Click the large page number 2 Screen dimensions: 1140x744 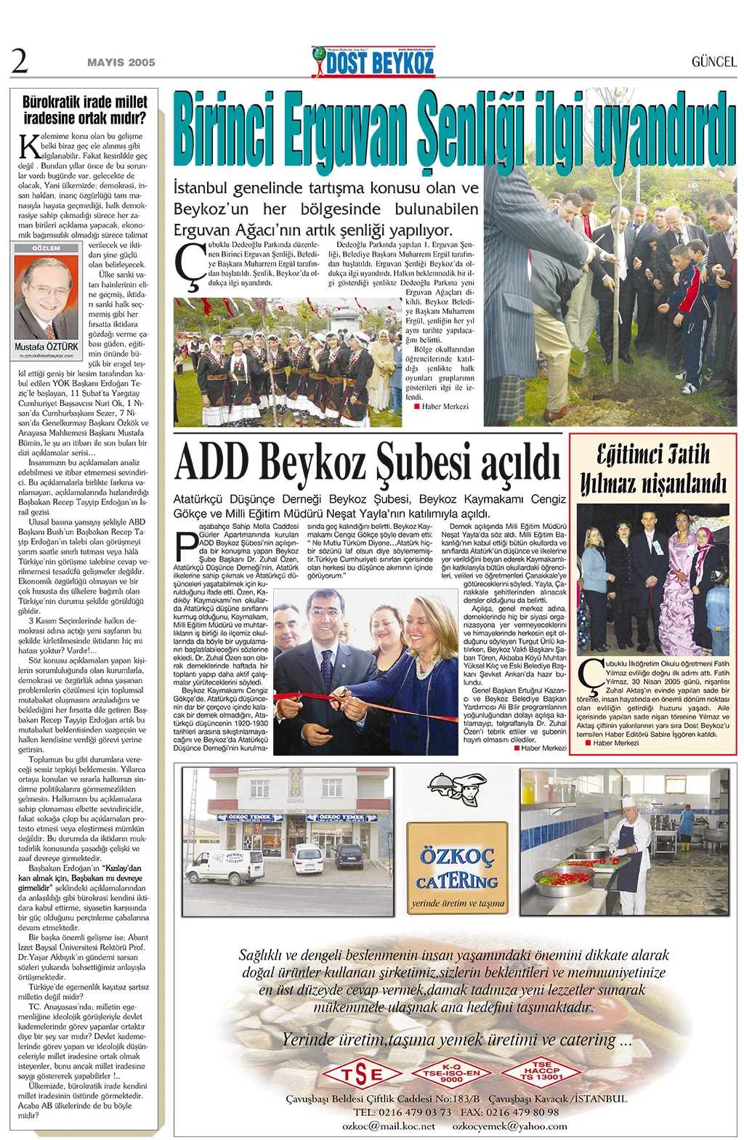pos(20,61)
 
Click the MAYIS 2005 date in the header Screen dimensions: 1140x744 pos(121,62)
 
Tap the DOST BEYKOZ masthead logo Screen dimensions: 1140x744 pos(373,62)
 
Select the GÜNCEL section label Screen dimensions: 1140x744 pos(713,62)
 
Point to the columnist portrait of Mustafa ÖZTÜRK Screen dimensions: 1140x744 pos(47,297)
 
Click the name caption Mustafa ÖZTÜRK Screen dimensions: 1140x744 pos(46,347)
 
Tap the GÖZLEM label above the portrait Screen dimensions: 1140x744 pos(46,248)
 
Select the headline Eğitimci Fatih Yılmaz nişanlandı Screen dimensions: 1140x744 pos(652,469)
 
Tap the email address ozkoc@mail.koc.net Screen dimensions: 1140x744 pos(388,1125)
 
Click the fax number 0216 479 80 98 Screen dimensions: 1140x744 pos(522,1112)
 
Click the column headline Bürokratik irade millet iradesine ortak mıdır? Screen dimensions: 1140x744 pos(84,109)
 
